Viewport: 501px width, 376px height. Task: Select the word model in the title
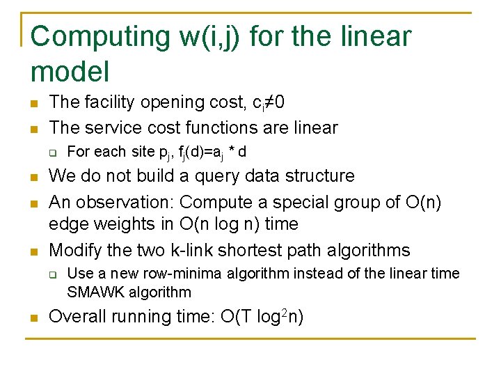[70, 70]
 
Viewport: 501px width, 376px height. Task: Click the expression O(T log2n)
[261, 317]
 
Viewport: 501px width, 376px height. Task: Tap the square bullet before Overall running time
[33, 318]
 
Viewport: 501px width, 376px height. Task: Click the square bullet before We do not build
[33, 177]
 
